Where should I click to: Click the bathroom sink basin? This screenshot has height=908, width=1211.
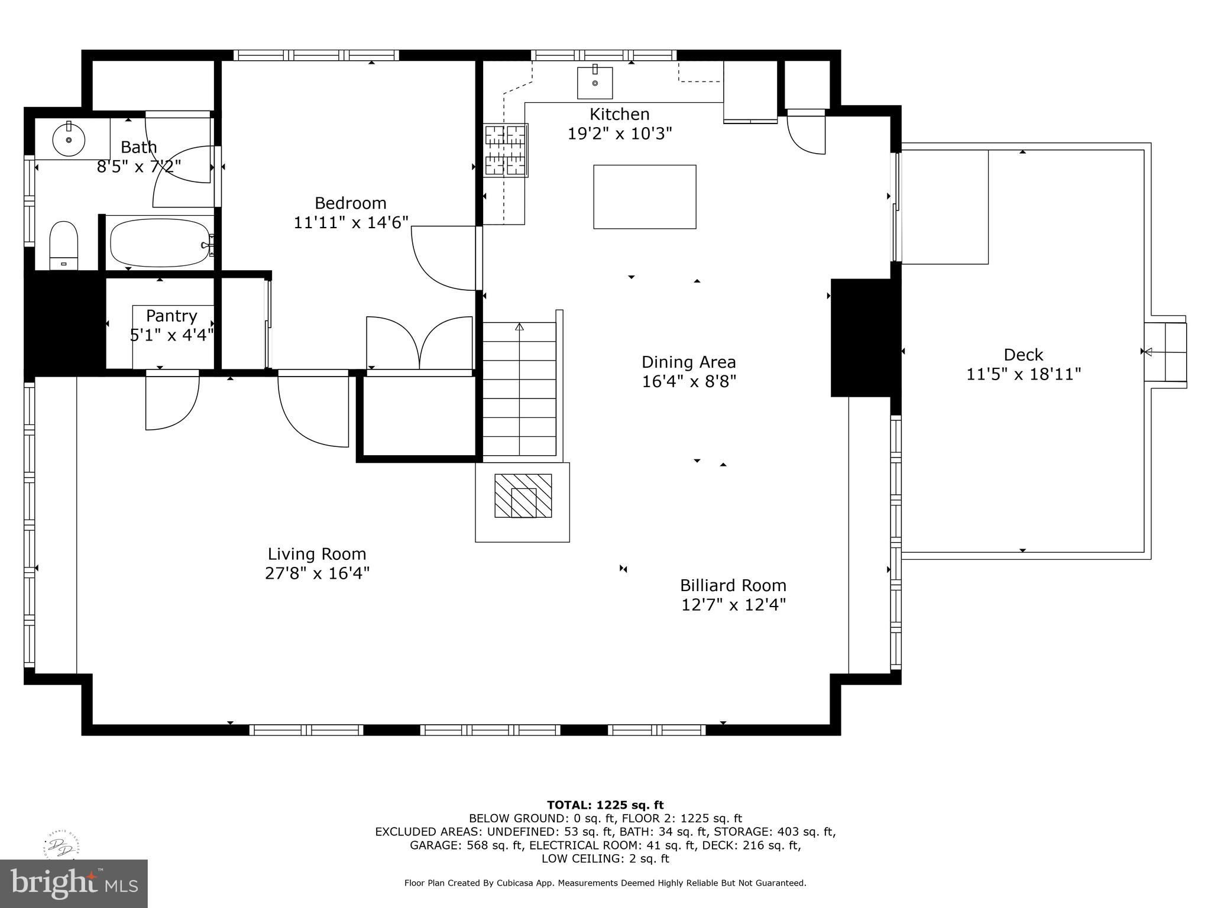click(69, 140)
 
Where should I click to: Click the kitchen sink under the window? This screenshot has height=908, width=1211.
click(594, 83)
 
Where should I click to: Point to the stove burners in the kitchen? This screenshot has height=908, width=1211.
click(506, 150)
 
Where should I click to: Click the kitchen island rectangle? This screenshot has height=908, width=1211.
click(645, 197)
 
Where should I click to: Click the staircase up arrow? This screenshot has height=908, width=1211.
click(519, 327)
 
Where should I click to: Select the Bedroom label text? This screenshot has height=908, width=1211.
click(350, 203)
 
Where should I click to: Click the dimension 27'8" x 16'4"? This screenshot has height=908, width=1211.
click(317, 573)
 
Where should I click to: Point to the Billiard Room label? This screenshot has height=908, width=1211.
click(733, 585)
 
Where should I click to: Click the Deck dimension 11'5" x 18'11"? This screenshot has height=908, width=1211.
click(1023, 374)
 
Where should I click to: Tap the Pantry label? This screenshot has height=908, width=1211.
click(171, 316)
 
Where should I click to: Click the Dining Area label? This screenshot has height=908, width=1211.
click(688, 362)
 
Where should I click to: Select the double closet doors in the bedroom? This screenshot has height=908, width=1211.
click(419, 343)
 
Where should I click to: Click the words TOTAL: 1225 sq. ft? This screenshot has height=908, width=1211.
click(605, 805)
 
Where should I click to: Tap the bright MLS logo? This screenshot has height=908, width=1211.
click(73, 883)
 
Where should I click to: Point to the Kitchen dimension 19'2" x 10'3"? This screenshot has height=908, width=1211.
click(619, 134)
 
